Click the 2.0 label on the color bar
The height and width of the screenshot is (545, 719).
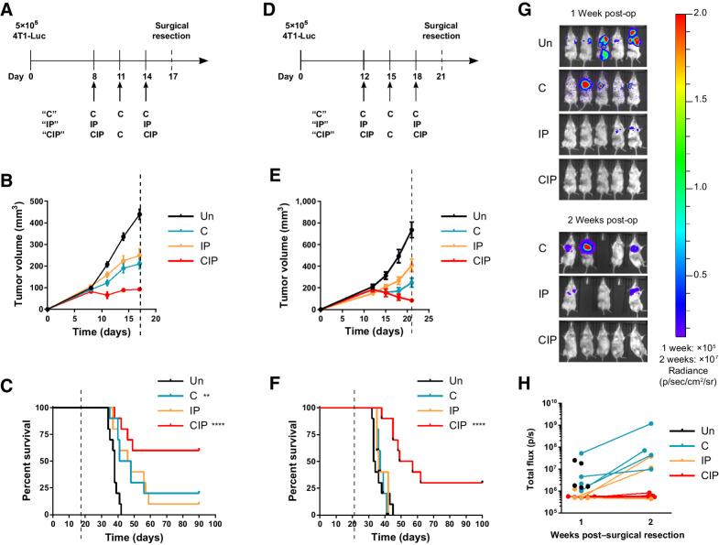click(x=683, y=15)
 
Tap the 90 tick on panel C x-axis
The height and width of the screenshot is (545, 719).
click(x=198, y=524)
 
